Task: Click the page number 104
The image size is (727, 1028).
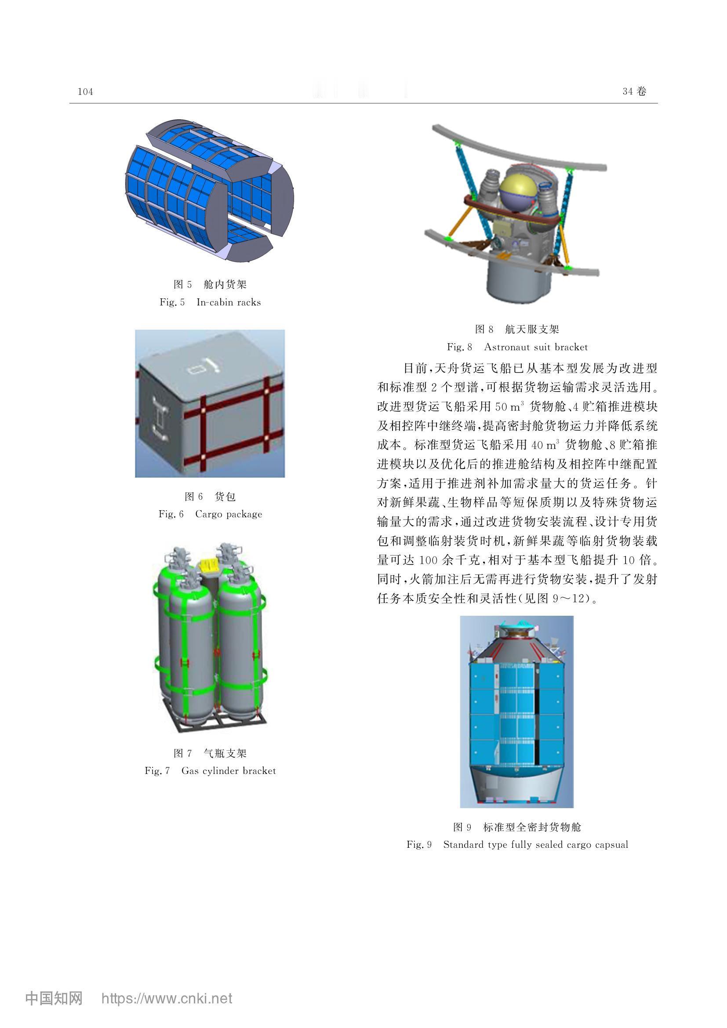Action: coord(85,92)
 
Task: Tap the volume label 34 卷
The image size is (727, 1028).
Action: coord(634,91)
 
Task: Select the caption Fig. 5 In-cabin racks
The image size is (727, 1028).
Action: coord(210,302)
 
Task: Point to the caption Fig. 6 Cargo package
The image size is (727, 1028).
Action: coord(210,514)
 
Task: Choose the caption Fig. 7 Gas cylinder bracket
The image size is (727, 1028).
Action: coord(210,770)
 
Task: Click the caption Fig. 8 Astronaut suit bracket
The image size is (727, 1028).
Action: coord(517,347)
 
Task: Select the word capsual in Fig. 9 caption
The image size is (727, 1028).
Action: coord(611,845)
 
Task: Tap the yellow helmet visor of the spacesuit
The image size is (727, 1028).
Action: coord(518,189)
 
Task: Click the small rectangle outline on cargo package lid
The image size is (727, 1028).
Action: coord(196,370)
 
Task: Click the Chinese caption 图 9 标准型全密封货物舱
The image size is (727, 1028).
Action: coord(517,827)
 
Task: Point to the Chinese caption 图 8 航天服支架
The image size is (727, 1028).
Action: coord(517,329)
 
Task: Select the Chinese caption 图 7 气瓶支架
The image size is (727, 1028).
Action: coord(210,753)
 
